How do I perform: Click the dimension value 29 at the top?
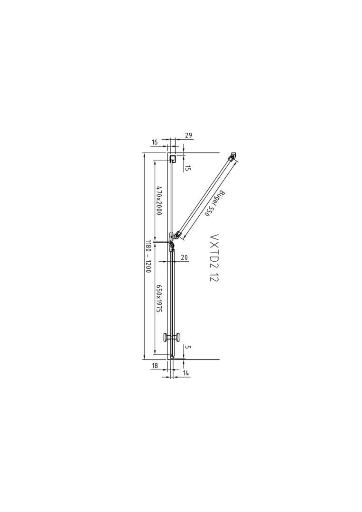pyautogui.click(x=188, y=135)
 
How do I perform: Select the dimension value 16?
pyautogui.click(x=155, y=142)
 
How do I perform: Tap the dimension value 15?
pyautogui.click(x=188, y=168)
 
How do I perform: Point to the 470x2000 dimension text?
pyautogui.click(x=159, y=201)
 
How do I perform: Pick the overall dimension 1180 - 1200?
pyautogui.click(x=148, y=256)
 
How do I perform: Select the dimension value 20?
pyautogui.click(x=184, y=257)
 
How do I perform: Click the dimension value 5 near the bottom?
pyautogui.click(x=187, y=347)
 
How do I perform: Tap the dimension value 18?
pyautogui.click(x=155, y=366)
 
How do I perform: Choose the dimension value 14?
pyautogui.click(x=186, y=373)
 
